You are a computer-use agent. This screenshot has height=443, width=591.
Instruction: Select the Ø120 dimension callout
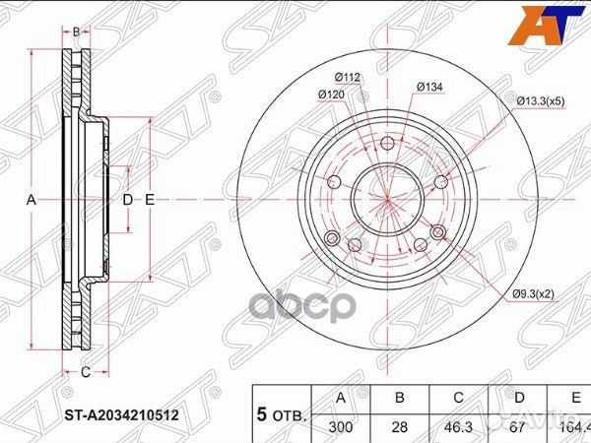pyautogui.click(x=330, y=95)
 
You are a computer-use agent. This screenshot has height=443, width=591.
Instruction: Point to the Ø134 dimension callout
pyautogui.click(x=429, y=88)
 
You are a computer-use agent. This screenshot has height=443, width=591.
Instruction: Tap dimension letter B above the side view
pyautogui.click(x=77, y=32)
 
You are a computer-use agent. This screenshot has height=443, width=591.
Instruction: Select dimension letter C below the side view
pyautogui.click(x=86, y=371)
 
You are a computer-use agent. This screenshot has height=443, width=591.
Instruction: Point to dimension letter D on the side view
pyautogui.click(x=127, y=200)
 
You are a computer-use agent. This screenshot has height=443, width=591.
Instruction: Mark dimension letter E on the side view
pyautogui.click(x=150, y=200)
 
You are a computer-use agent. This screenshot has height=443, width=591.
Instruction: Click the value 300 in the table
pyautogui.click(x=341, y=429)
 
